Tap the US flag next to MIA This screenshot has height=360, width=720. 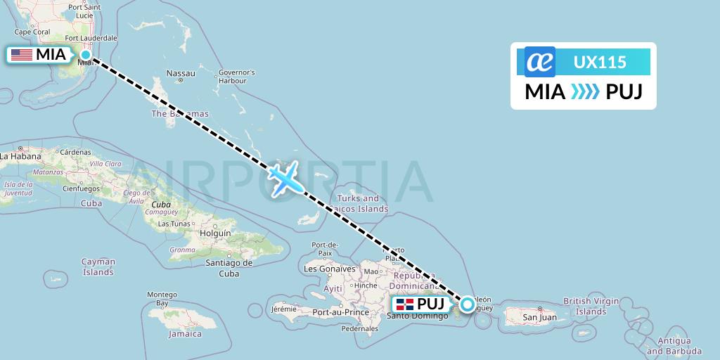pos(22,55)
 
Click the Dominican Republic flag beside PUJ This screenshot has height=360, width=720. pos(404,304)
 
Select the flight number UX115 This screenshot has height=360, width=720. pos(600,62)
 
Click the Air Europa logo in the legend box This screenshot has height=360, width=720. pos(540,62)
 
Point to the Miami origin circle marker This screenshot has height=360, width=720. pos(86,54)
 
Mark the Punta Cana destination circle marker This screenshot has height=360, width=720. pos(467,304)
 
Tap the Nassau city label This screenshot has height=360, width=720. pos(180,73)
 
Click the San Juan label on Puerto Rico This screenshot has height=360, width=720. pos(539,317)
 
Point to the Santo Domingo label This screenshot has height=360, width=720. pos(417,316)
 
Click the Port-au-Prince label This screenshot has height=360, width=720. pos(341,312)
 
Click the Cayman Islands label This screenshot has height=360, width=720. pos(98,266)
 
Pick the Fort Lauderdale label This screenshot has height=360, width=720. pos(91,38)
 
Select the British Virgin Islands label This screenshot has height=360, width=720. pos(591,306)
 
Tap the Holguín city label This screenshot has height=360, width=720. pos(215,233)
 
